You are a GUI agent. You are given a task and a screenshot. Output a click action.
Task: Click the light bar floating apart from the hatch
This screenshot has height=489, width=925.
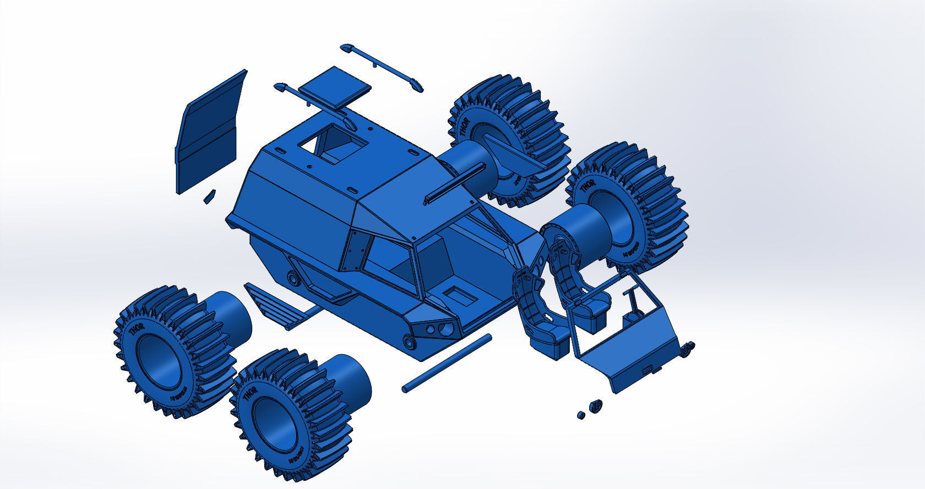(x=382, y=67)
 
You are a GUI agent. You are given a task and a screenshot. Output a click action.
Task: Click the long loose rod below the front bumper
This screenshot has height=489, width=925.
(x=447, y=364)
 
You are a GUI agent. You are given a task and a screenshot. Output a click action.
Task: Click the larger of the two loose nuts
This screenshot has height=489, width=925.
(x=595, y=406)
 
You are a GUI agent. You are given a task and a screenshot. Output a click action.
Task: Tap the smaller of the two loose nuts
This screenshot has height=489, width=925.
(x=580, y=414)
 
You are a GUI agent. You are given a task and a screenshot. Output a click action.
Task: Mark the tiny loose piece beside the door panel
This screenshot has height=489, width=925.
(x=209, y=196)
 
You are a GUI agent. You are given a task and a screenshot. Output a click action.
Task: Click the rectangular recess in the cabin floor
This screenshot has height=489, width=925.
(x=460, y=295)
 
